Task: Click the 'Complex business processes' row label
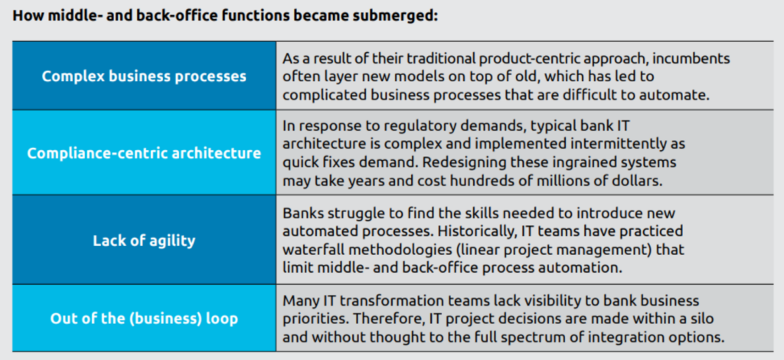pos(144,77)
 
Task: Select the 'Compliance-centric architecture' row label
pos(144,153)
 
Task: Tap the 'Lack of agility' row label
pos(144,241)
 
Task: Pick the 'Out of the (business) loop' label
pos(144,319)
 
